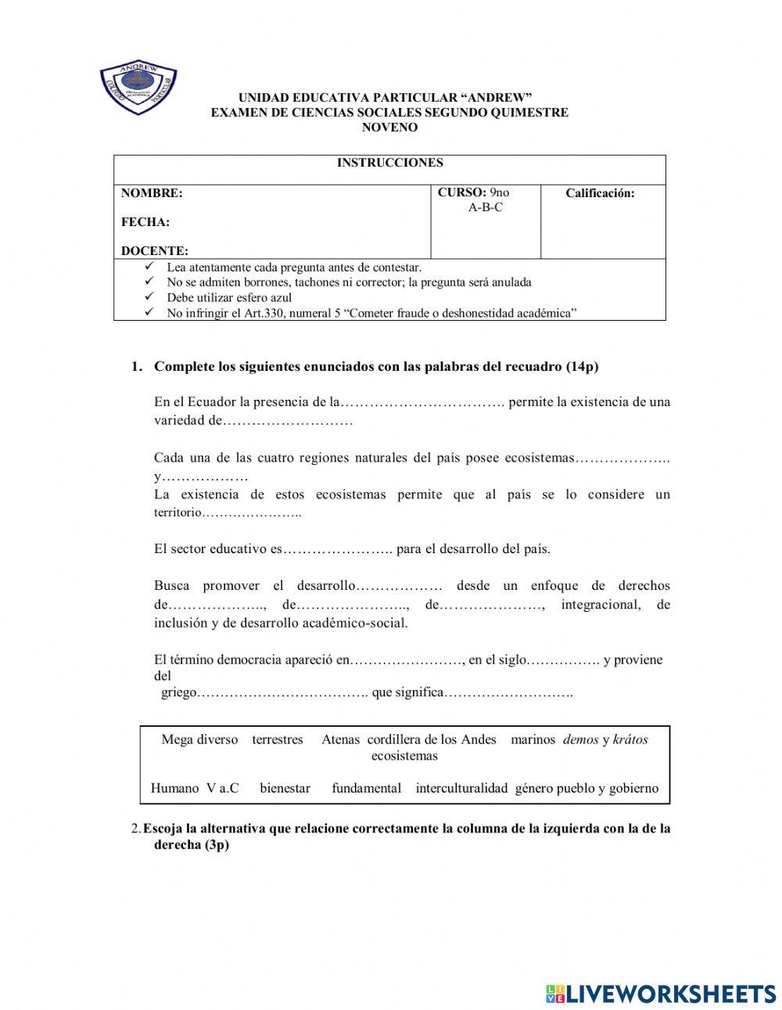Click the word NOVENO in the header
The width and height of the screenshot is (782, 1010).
[x=389, y=128]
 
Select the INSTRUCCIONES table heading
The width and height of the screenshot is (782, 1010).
[x=389, y=163]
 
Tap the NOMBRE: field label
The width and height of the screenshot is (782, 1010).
[x=152, y=193]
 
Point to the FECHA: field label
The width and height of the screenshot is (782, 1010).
[x=145, y=222]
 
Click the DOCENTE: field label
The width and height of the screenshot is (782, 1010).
[x=155, y=251]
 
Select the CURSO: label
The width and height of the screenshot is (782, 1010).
[x=461, y=192]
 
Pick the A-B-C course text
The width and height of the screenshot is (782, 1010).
[x=485, y=207]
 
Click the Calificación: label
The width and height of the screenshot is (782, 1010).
[x=600, y=193]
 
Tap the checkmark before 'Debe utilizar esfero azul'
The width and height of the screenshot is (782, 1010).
[x=149, y=297]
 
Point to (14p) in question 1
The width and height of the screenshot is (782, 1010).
[x=582, y=366]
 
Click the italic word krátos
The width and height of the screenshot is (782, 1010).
[x=630, y=739]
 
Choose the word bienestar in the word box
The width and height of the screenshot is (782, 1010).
[x=285, y=788]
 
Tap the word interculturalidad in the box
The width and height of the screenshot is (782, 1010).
[x=461, y=788]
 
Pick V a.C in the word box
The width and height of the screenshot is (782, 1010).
[x=223, y=788]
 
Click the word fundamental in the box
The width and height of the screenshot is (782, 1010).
[x=366, y=788]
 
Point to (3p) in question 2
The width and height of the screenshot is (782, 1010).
[x=215, y=846]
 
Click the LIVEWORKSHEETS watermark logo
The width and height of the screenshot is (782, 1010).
[x=660, y=994]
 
